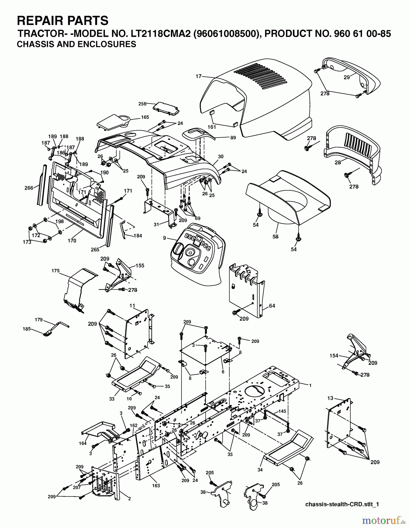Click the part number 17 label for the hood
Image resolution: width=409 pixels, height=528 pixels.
tap(199, 76)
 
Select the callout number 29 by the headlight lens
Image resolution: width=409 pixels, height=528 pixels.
tap(347, 77)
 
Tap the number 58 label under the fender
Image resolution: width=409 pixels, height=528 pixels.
tap(275, 236)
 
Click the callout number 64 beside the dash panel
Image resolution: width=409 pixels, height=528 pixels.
tap(272, 306)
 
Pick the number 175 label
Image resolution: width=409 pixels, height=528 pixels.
tap(55, 271)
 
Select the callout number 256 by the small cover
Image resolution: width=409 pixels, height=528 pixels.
tap(142, 104)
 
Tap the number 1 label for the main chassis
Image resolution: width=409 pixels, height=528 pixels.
tap(310, 385)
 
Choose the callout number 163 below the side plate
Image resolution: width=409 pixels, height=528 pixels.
tap(156, 485)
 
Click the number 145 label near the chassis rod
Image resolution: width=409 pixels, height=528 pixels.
tap(282, 411)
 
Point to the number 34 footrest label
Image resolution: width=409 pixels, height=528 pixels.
tap(260, 470)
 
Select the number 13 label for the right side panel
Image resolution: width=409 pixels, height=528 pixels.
tap(330, 398)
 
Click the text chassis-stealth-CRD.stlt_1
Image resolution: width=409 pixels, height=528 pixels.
tap(342, 504)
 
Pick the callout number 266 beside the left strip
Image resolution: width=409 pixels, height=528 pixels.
tap(29, 188)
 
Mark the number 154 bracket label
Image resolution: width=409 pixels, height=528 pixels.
tap(334, 356)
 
